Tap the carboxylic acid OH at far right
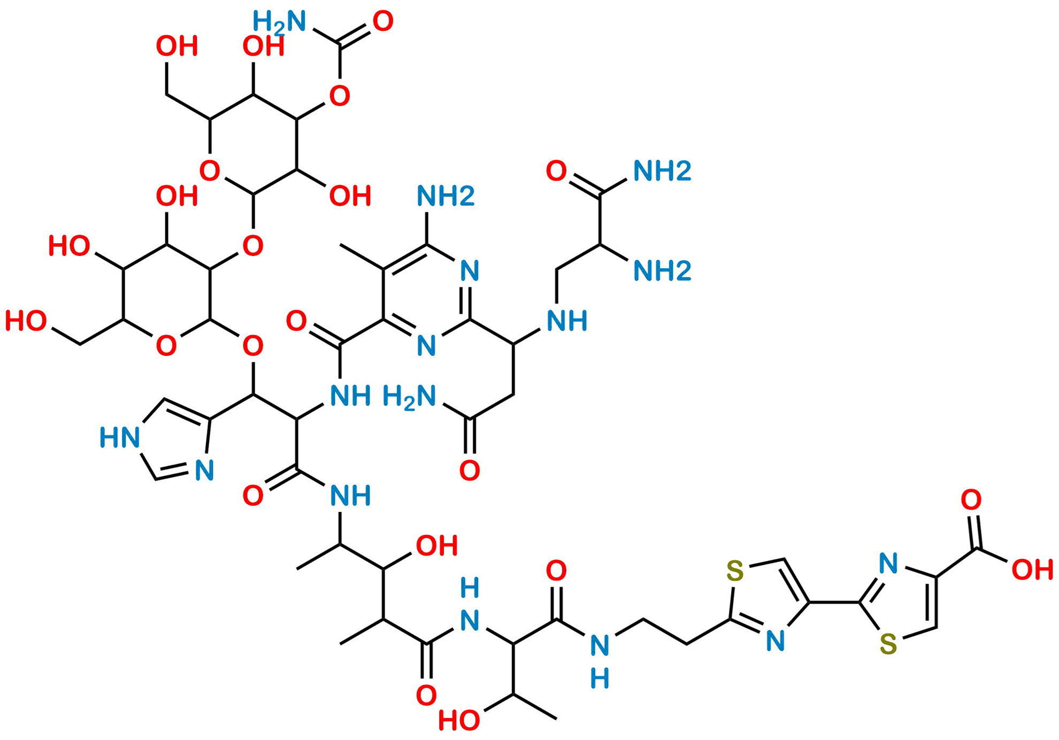pos(1032,570)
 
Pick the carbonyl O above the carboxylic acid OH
pos(971,501)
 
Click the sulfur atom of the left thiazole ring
pos(735,571)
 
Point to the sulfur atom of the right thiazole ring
pos(888,645)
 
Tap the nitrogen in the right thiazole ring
pos(888,564)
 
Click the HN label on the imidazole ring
pos(120,438)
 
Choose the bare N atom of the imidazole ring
pos(204,471)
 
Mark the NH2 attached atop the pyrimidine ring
pos(446,196)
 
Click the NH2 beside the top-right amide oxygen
pos(662,171)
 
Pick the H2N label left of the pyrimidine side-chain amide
pos(410,398)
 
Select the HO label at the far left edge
pos(26,322)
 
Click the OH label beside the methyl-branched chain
pos(438,546)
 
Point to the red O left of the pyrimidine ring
pos(296,322)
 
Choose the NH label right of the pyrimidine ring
pos(567,321)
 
